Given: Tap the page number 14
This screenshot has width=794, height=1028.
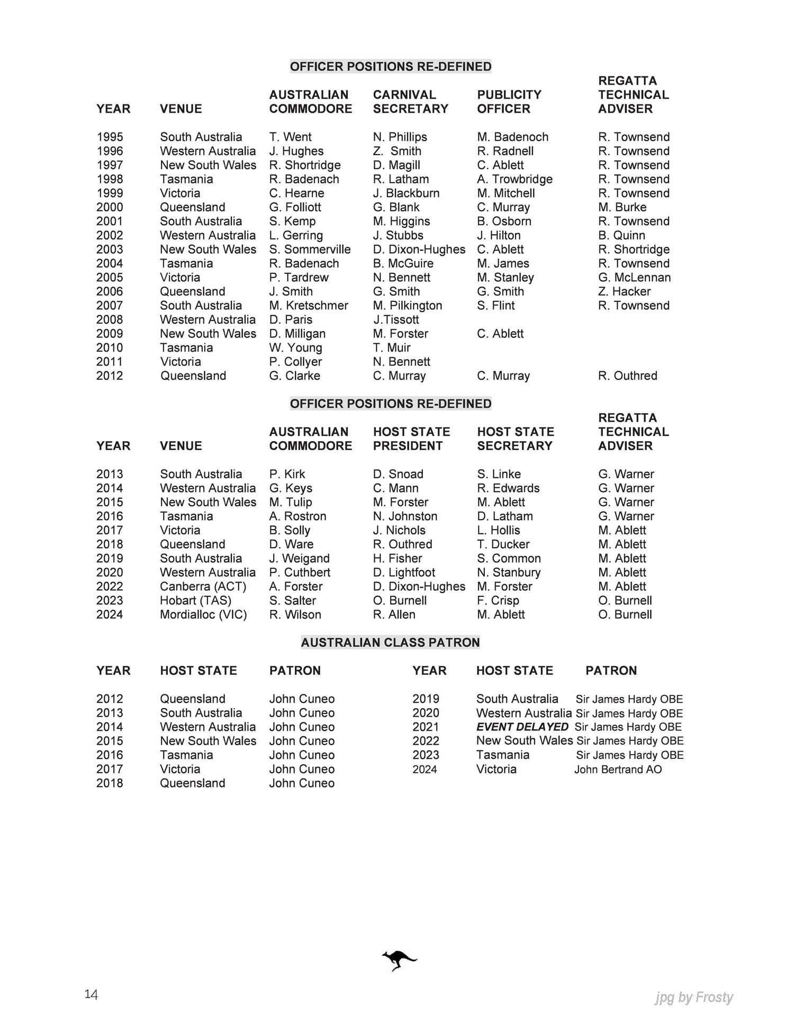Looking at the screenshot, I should pos(91,994).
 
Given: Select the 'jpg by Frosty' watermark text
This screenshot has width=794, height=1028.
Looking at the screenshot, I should pos(693,998).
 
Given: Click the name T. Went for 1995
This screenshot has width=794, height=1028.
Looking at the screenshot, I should pos(290,137).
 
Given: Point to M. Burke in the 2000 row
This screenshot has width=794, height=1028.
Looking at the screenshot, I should pos(622,207).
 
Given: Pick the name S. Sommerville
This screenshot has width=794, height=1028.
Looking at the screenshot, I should pos(310,249).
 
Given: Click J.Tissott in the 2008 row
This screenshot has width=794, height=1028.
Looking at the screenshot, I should pos(396,320).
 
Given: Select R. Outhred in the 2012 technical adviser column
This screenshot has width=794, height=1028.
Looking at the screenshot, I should pos(627,376).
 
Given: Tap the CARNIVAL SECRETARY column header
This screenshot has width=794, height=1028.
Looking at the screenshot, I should pos(410,102).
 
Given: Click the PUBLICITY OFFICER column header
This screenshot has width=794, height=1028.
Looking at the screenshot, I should pos(509,102).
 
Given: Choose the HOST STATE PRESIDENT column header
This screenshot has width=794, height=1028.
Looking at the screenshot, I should pos(411,439).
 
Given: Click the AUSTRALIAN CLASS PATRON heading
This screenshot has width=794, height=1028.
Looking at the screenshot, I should pos(390,642).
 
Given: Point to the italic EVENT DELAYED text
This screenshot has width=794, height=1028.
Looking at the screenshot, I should pos(522,727).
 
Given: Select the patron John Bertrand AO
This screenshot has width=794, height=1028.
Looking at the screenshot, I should pos(618,770).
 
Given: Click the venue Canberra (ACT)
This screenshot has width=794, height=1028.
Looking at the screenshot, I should pos(203,587).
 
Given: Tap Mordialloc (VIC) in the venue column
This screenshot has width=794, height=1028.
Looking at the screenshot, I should pos(203,615).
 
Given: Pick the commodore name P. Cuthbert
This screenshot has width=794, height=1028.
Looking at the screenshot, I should pos(300,573).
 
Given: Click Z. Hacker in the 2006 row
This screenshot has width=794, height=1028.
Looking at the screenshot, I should pos(624,292).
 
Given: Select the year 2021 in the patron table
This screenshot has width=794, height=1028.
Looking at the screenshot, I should pos(426,727).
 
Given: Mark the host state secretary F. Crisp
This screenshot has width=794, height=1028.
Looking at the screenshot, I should pos(498,601).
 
